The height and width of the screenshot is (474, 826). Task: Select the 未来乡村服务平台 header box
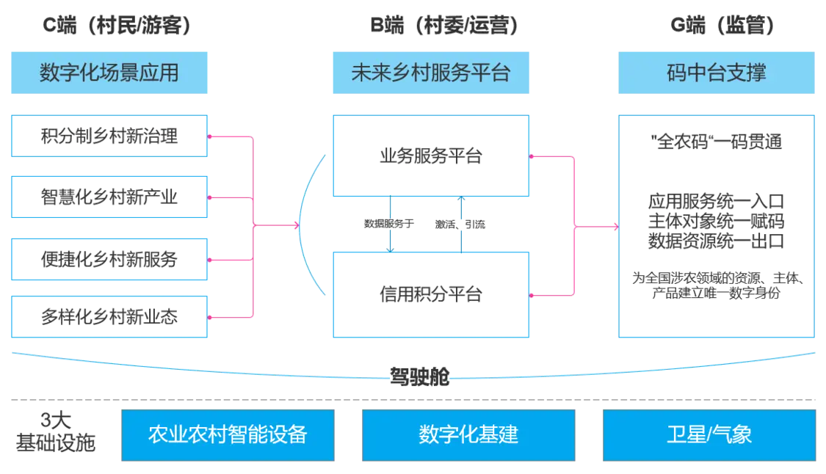point(431,72)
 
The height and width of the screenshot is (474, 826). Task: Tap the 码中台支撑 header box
point(716,72)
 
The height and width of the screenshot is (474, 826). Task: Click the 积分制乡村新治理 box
point(111,136)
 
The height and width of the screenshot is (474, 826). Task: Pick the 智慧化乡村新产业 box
point(111,197)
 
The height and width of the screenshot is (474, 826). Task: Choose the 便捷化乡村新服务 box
point(111,258)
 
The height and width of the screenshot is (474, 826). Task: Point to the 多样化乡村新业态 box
point(111,318)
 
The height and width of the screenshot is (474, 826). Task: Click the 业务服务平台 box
point(431,156)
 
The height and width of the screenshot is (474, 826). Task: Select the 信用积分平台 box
point(431,295)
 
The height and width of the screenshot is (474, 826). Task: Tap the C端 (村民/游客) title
point(117,26)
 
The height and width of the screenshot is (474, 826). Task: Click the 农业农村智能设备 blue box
point(227,434)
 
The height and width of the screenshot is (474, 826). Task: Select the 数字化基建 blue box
point(469,434)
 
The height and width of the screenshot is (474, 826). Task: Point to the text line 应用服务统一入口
point(717,200)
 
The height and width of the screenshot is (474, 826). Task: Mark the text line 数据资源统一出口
point(717,241)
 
